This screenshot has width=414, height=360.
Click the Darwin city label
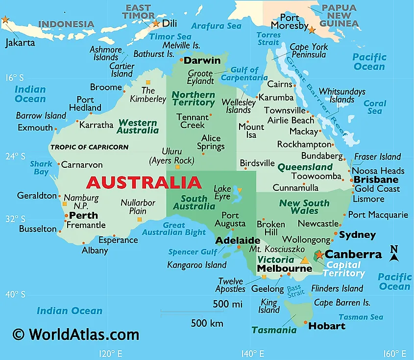tap(202, 61)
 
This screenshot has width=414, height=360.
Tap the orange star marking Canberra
tap(319, 255)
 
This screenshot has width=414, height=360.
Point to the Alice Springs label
tap(211, 142)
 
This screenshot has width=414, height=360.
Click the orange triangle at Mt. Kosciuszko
tap(305, 260)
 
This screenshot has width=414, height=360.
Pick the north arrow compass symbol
tap(394, 253)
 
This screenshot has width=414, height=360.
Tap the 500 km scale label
tap(207, 323)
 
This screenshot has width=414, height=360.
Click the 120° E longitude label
tap(110, 353)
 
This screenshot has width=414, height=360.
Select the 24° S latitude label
tap(15, 156)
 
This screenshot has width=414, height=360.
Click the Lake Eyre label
tap(222, 193)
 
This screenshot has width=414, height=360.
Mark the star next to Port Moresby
tap(312, 30)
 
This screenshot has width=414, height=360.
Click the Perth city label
tap(83, 215)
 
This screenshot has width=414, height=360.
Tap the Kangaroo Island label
tap(197, 265)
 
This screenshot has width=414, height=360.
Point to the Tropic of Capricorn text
tap(89, 147)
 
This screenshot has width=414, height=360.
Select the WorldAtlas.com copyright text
tap(76, 334)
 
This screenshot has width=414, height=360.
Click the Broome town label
tap(106, 87)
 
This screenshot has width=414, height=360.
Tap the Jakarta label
tap(20, 42)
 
